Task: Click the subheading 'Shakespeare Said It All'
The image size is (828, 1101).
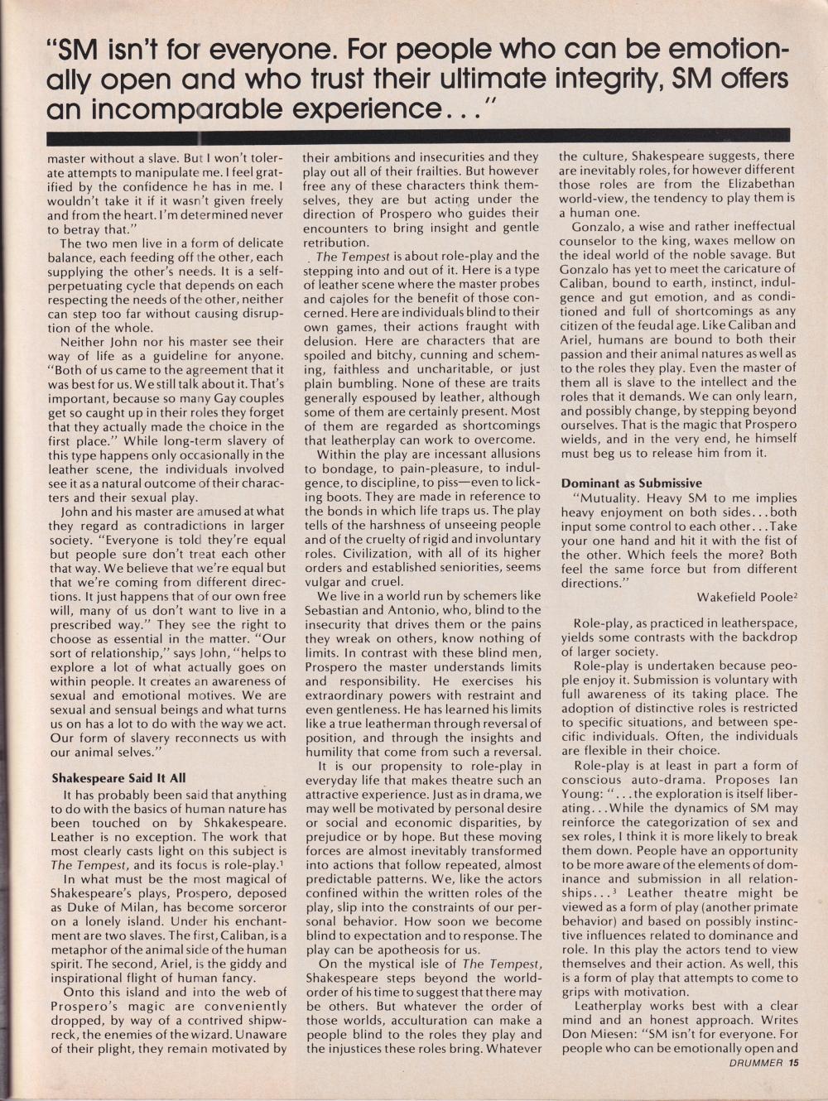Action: click(118, 778)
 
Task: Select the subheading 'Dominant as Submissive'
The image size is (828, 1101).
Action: click(631, 483)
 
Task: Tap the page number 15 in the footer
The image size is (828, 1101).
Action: click(793, 1064)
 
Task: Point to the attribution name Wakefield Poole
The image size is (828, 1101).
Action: click(745, 597)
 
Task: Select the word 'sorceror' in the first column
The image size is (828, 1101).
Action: click(258, 908)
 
